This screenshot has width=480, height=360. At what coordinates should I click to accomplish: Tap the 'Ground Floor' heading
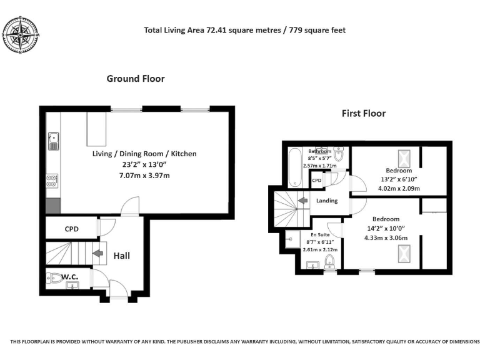pyautogui.click(x=136, y=79)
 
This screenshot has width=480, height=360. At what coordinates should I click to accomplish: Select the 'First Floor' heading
pyautogui.click(x=363, y=113)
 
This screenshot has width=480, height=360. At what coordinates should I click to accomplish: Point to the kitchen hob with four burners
pyautogui.click(x=53, y=181)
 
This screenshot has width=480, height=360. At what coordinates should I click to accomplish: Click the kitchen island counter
pyautogui.click(x=97, y=127)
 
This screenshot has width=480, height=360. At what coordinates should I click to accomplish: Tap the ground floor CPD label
pyautogui.click(x=72, y=229)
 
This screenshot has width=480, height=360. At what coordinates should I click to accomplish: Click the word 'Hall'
pyautogui.click(x=121, y=255)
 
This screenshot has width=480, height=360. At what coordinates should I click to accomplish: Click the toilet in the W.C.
pyautogui.click(x=56, y=277)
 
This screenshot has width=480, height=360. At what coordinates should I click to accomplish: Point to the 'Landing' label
pyautogui.click(x=327, y=201)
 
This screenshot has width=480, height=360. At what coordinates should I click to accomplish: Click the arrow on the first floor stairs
pyautogui.click(x=301, y=201)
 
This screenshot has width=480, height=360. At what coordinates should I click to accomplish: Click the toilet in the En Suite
pyautogui.click(x=329, y=262)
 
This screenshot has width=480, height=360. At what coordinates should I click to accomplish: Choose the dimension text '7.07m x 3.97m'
pyautogui.click(x=144, y=176)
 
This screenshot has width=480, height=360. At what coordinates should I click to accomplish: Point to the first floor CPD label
pyautogui.click(x=317, y=181)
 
